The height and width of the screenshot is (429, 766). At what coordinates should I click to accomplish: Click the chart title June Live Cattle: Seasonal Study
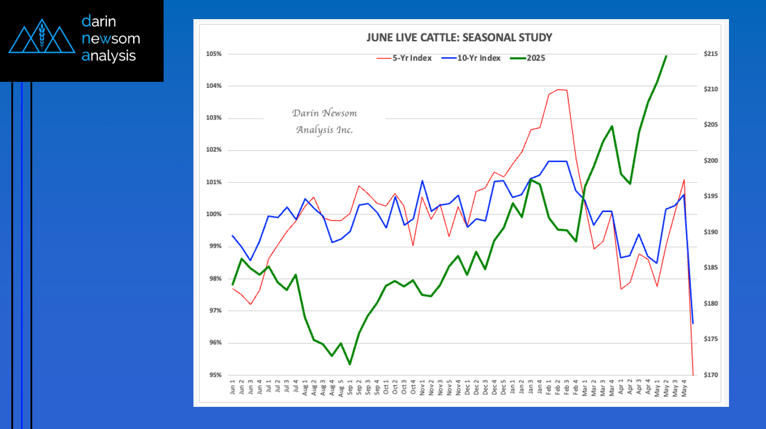[459, 38]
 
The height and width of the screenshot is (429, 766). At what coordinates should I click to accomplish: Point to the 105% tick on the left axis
[214, 54]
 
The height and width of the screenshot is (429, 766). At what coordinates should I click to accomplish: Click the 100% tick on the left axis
[214, 214]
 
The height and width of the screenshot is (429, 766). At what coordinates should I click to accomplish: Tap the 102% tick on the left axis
[214, 150]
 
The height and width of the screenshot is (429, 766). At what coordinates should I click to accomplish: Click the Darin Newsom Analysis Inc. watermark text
[324, 121]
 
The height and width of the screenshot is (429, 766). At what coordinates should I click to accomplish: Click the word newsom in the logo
[110, 39]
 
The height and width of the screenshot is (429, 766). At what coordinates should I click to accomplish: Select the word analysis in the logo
[109, 56]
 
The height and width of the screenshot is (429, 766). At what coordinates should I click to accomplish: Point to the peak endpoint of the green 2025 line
[666, 56]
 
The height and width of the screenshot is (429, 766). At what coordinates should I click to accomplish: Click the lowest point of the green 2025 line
[350, 364]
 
